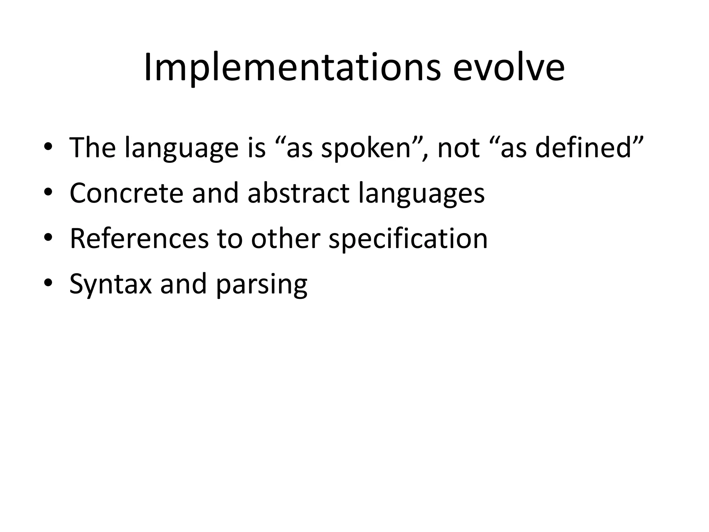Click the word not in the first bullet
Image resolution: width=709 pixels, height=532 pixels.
(x=458, y=148)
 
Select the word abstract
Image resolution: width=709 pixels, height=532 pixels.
(x=298, y=193)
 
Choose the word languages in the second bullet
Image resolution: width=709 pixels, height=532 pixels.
(x=421, y=194)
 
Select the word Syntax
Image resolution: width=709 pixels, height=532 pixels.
(x=110, y=285)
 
